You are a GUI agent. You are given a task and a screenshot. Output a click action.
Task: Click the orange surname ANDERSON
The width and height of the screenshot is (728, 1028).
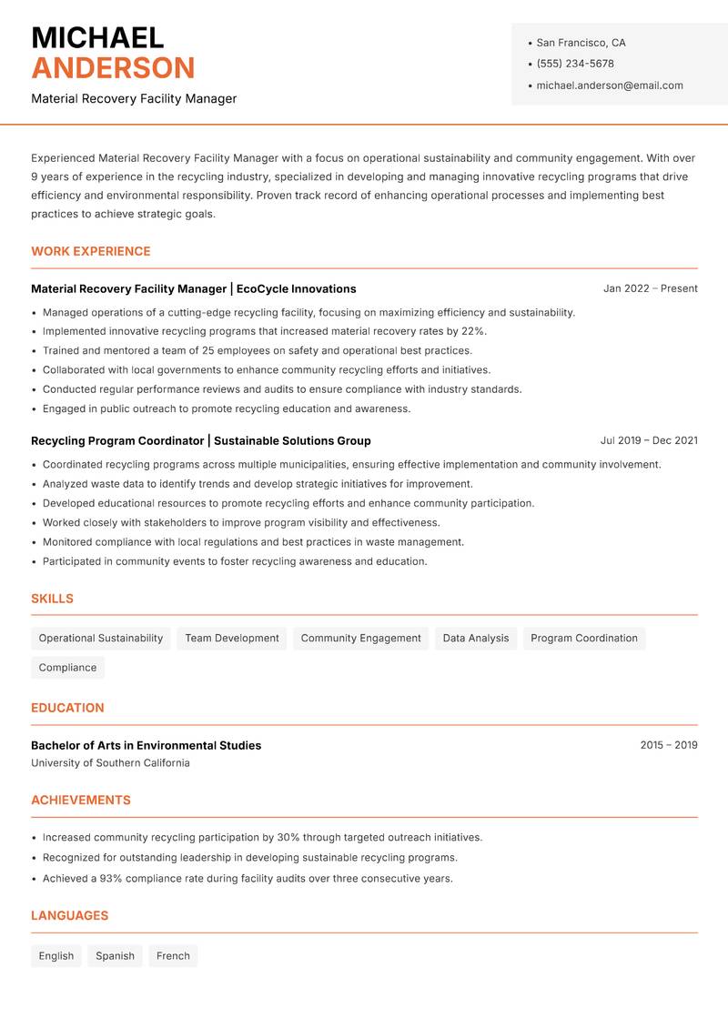coord(113,68)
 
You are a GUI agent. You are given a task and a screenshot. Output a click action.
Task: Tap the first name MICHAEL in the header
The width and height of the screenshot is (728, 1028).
coord(97,37)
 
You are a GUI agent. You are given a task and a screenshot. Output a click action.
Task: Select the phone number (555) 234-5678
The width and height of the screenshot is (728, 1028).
coord(574,64)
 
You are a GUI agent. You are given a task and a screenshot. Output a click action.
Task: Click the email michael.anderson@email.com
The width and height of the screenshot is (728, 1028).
coord(609,86)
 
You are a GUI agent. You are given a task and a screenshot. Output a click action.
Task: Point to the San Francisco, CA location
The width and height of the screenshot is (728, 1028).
coord(581,43)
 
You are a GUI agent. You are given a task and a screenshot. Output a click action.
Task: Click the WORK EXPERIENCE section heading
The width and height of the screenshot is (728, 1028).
coord(91,251)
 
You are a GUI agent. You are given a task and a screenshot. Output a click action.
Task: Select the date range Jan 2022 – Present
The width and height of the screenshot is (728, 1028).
coord(650,288)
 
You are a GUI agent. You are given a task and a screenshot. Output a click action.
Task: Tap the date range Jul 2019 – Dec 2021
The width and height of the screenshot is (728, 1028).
coord(649,440)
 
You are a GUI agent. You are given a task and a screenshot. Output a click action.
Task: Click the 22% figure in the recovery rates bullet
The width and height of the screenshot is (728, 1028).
coord(473,331)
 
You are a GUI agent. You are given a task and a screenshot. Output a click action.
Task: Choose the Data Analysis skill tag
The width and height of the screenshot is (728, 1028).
coord(475,639)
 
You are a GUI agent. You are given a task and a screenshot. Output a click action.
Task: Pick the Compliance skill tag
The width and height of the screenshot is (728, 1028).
coord(67,668)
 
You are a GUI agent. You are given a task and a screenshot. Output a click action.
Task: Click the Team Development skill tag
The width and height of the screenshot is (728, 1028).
coord(232,639)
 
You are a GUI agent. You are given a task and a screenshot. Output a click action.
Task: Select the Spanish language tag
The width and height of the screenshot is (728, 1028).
coord(115,956)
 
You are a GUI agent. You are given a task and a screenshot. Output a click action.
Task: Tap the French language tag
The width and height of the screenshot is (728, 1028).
coord(173,956)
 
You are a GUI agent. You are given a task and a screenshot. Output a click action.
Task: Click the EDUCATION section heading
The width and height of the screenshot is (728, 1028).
coord(67,708)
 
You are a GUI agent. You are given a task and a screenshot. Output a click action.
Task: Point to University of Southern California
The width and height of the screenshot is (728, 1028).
coord(110,763)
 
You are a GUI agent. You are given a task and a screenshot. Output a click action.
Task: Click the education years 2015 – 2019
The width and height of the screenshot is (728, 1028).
coord(668,745)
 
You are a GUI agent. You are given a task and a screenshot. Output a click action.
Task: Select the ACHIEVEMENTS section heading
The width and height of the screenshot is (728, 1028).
coord(81,801)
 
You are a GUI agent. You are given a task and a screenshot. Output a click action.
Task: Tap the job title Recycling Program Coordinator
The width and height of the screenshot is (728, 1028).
coord(117,440)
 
